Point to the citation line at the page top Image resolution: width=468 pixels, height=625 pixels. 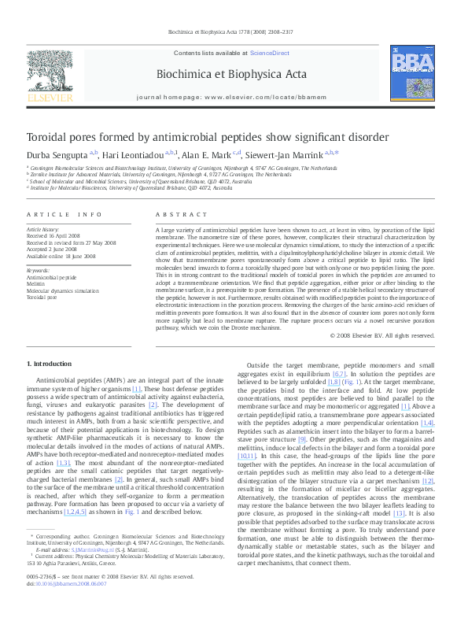tap(234, 31)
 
